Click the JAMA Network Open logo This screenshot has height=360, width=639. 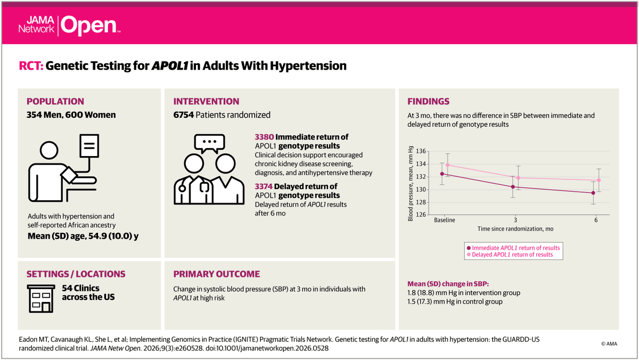pos(69,24)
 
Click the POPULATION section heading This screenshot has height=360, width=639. pos(55,101)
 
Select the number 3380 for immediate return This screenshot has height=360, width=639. pos(265,137)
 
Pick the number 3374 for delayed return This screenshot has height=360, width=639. pos(265,187)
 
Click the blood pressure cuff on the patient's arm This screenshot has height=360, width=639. pos(70,174)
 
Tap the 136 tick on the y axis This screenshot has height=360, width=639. pos(421,151)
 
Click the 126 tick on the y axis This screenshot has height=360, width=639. pos(421,215)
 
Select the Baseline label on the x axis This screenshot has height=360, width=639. pos(445,220)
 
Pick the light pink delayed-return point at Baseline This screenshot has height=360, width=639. pos(448,165)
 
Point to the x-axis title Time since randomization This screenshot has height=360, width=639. pos(515,228)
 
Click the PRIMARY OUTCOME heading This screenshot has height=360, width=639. pos(217,274)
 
